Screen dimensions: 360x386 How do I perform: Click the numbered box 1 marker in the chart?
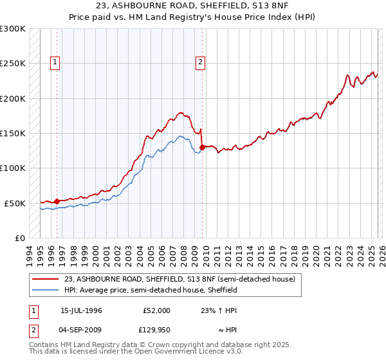pyautogui.click(x=56, y=62)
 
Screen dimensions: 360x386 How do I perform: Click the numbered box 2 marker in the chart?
pyautogui.click(x=201, y=62)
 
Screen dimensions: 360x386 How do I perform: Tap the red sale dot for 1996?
pyautogui.click(x=57, y=201)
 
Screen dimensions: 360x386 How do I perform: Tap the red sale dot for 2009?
pyautogui.click(x=202, y=147)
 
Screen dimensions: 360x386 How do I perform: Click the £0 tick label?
pyautogui.click(x=19, y=238)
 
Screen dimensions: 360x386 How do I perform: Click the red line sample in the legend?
pyautogui.click(x=46, y=279)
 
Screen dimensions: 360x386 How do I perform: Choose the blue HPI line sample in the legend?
pyautogui.click(x=46, y=290)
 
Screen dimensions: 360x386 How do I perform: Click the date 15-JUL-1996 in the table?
pyautogui.click(x=81, y=310)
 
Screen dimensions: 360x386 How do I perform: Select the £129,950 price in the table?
pyautogui.click(x=155, y=332)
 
